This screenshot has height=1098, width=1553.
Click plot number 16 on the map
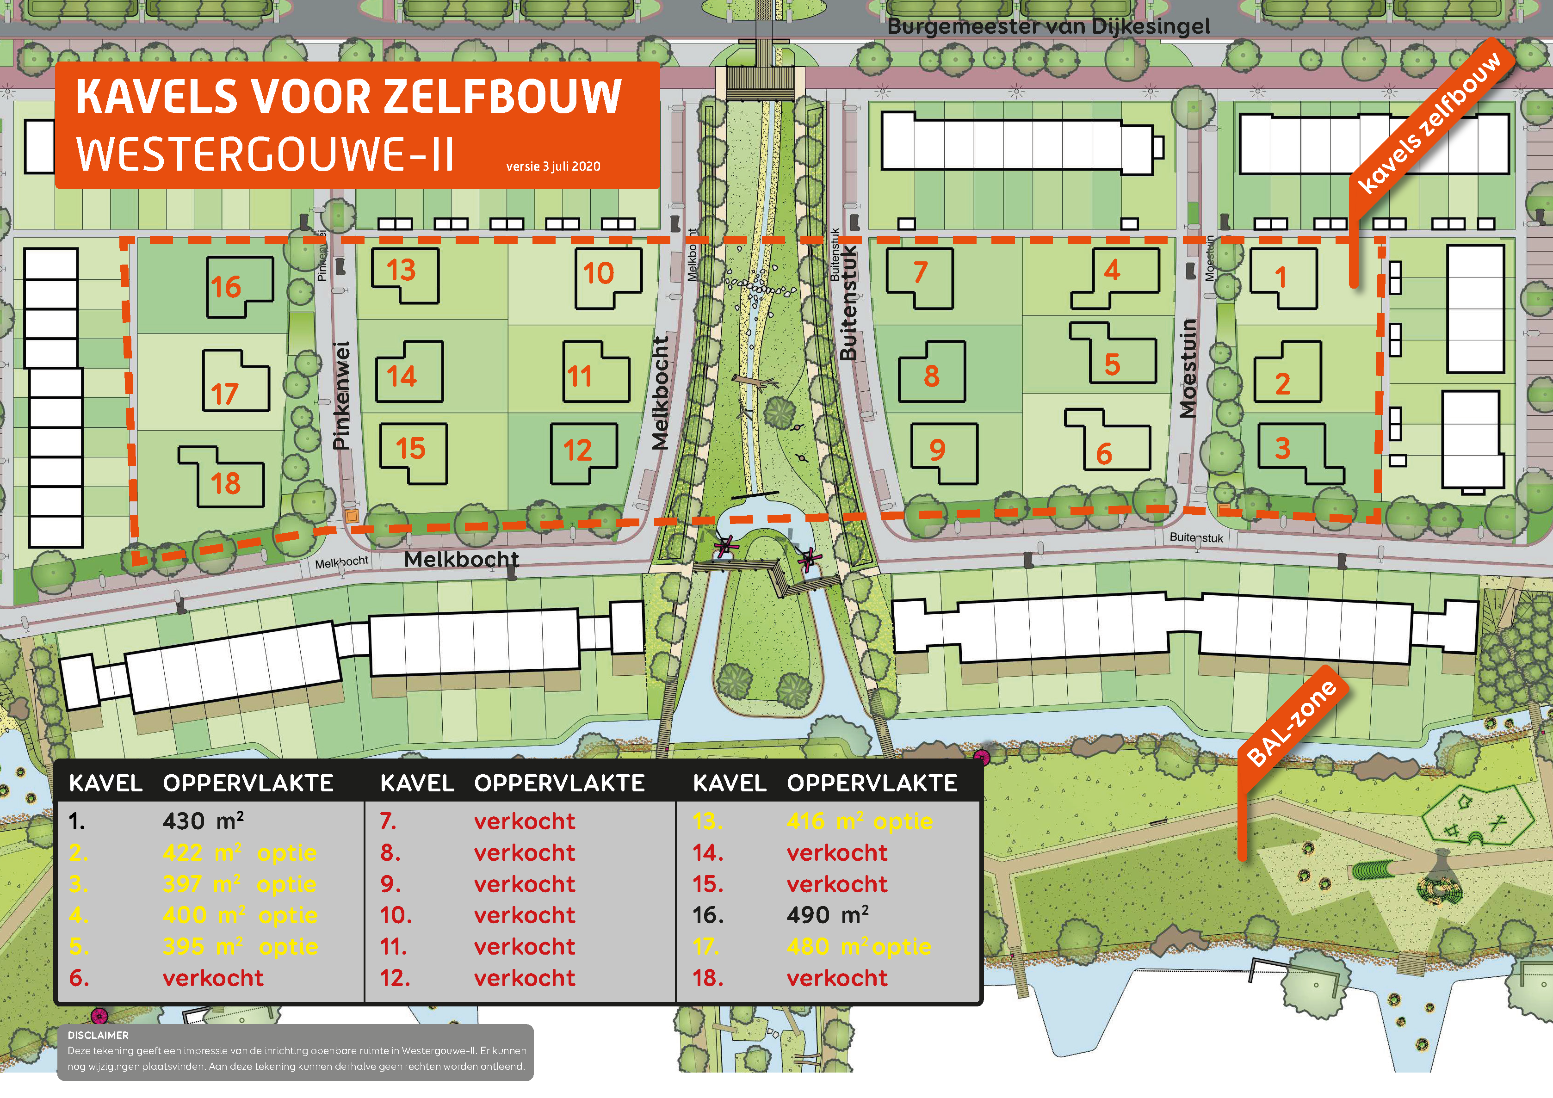click(226, 287)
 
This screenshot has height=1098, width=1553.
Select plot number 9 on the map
click(937, 450)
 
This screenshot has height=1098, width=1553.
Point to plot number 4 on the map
click(1112, 271)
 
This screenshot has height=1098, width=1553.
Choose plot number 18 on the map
click(225, 483)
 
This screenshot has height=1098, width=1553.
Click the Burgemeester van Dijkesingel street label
click(1048, 27)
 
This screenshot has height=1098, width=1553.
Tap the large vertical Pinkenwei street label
click(342, 395)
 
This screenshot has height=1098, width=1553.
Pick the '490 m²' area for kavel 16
click(827, 915)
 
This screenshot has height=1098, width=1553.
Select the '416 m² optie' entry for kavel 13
click(859, 821)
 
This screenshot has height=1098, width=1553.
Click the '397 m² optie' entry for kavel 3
click(240, 884)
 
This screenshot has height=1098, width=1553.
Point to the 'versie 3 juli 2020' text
click(553, 167)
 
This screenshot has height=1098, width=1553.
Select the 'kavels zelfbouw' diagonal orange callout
click(1429, 122)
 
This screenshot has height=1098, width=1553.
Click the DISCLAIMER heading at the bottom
click(98, 1035)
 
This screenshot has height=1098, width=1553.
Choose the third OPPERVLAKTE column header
click(872, 783)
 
